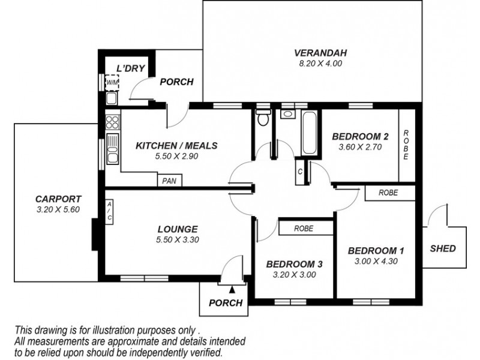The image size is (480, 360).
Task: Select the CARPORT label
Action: (58, 199)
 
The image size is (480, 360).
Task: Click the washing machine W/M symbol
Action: (112, 82)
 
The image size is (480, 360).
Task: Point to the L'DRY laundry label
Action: (131, 68)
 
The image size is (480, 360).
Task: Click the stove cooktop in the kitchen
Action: (112, 123)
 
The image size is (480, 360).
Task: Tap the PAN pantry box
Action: (170, 179)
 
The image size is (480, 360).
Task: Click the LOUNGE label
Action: (178, 229)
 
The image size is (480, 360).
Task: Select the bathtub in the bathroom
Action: (308, 133)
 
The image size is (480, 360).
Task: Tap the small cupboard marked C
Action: (299, 171)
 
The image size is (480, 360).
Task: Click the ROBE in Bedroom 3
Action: (305, 228)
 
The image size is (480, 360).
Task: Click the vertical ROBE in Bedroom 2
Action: (406, 145)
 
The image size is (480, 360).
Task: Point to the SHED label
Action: (443, 248)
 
